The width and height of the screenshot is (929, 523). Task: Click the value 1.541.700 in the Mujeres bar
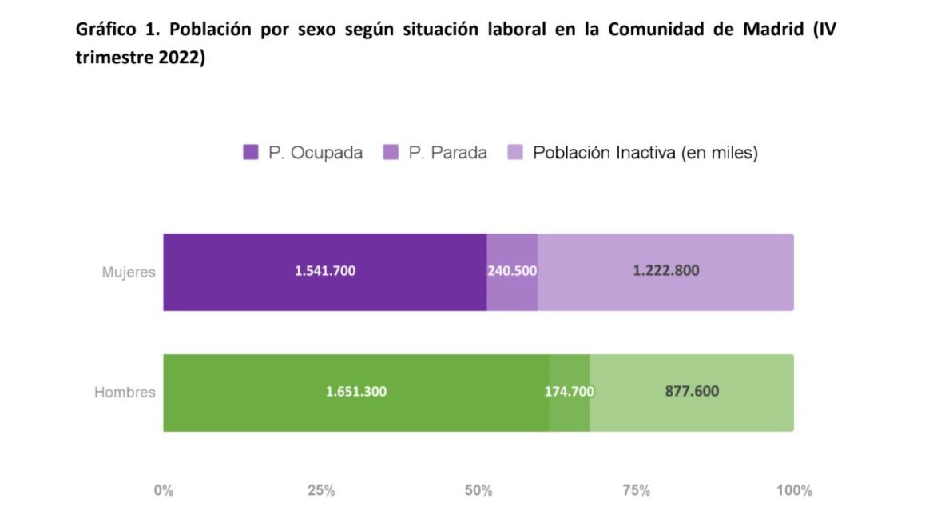[x=325, y=271]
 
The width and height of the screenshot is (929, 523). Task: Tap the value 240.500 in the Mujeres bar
[x=512, y=271]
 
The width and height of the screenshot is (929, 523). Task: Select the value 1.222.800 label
[x=665, y=271]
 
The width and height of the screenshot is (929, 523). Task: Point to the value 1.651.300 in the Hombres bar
[x=356, y=392]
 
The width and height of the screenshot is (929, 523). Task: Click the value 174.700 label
[x=569, y=392]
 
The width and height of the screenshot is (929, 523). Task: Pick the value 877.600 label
[x=692, y=392]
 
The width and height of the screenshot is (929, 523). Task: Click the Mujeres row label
[x=128, y=272]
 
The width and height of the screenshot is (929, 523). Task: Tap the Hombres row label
[x=125, y=393]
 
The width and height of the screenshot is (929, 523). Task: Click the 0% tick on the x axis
[x=163, y=490]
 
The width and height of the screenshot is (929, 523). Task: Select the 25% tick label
[x=321, y=490]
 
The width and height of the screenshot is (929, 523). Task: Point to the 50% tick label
[x=478, y=490]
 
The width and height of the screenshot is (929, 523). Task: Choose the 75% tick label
[x=636, y=490]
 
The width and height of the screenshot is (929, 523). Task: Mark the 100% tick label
[x=793, y=490]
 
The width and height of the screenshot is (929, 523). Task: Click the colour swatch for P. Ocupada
[x=251, y=153]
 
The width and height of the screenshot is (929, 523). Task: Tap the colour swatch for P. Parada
[x=391, y=153]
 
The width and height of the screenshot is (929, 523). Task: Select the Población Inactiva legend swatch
[x=515, y=153]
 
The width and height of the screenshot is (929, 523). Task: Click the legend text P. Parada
[x=447, y=153]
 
